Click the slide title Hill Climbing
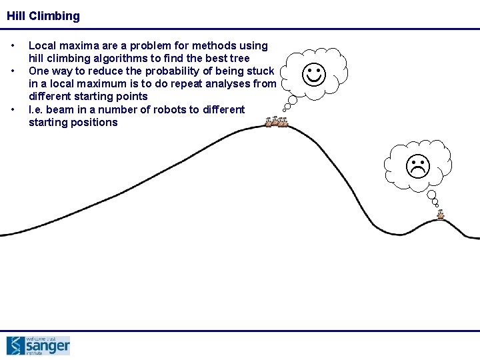[43, 16]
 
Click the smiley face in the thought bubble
[314, 75]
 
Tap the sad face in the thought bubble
[418, 167]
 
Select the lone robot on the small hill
[440, 215]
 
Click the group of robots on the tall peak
[276, 122]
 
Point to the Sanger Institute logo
[38, 345]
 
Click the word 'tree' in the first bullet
[238, 59]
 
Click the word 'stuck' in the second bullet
[261, 71]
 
